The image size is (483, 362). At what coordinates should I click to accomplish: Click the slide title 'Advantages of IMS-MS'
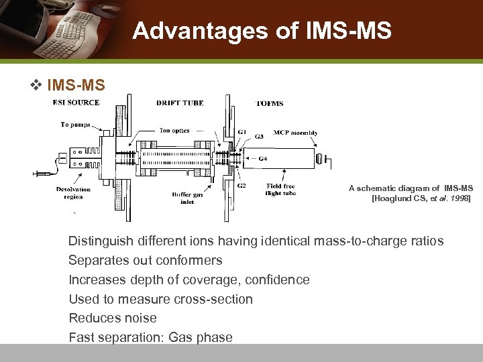coord(262,31)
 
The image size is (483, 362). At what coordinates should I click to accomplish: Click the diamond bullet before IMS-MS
coord(38,85)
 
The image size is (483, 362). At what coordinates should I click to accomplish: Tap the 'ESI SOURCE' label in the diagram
coord(76,103)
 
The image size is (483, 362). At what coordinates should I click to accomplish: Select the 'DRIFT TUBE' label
coord(180,103)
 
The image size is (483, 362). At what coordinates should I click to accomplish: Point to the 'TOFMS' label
coord(270,103)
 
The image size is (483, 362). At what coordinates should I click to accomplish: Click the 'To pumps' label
coord(74,124)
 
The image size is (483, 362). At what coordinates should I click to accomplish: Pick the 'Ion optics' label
coord(174,131)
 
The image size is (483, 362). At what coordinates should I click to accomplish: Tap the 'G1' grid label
coord(241,132)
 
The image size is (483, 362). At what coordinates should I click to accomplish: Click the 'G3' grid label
coord(259,136)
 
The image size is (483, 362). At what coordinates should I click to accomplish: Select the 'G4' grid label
coord(262,158)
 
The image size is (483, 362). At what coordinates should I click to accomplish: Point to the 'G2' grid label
coord(241,185)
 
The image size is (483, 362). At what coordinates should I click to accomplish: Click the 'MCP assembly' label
coord(295,133)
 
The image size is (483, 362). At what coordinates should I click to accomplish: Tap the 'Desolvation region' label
coord(73,193)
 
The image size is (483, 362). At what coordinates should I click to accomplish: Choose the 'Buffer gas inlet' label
coord(187,197)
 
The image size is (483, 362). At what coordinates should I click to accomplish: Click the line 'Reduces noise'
coord(113,318)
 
